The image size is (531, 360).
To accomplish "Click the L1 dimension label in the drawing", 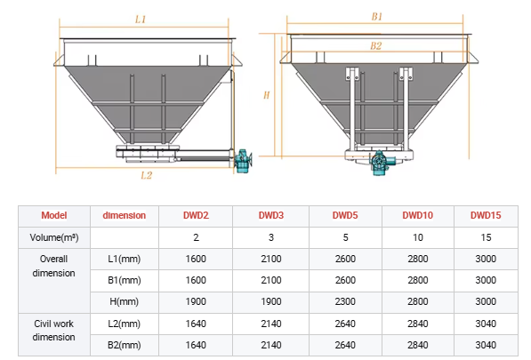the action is (x=141, y=20).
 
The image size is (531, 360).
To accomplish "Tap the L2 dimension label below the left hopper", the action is (x=146, y=175).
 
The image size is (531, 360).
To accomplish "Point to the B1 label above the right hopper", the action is (x=376, y=17).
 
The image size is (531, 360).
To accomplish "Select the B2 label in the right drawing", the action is (x=376, y=45).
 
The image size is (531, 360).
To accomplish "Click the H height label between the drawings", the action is (x=267, y=95).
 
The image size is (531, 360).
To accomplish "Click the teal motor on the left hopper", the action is (x=243, y=161).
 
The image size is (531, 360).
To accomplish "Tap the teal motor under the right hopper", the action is (x=382, y=163).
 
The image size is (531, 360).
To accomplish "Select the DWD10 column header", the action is (x=417, y=215).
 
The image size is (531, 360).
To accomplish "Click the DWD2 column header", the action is (x=196, y=215).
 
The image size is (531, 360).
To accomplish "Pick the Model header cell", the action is (x=54, y=215).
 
